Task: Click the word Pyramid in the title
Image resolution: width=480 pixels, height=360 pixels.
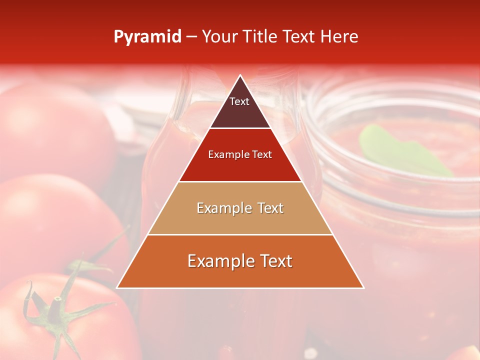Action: [x=147, y=37]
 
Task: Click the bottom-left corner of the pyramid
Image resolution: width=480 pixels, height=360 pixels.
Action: [x=117, y=287]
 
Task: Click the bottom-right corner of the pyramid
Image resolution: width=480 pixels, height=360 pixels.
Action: [x=363, y=287]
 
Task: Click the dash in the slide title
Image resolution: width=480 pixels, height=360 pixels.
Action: [x=191, y=37]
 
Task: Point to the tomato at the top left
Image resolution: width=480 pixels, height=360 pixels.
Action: [x=55, y=130]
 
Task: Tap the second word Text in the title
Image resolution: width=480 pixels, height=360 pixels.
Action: [x=299, y=37]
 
